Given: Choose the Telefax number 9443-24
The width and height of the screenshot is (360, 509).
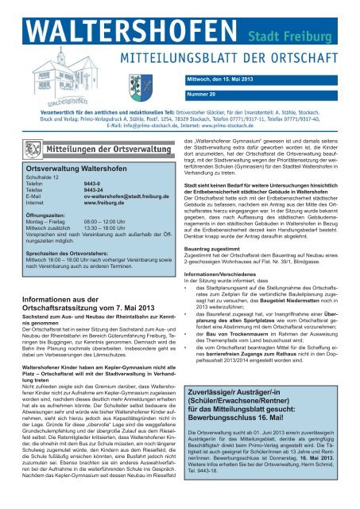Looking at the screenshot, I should coord(95,196).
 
